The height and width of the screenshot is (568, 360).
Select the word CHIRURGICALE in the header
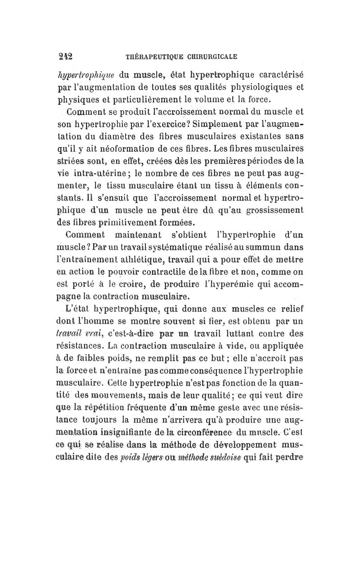coord(212,56)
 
